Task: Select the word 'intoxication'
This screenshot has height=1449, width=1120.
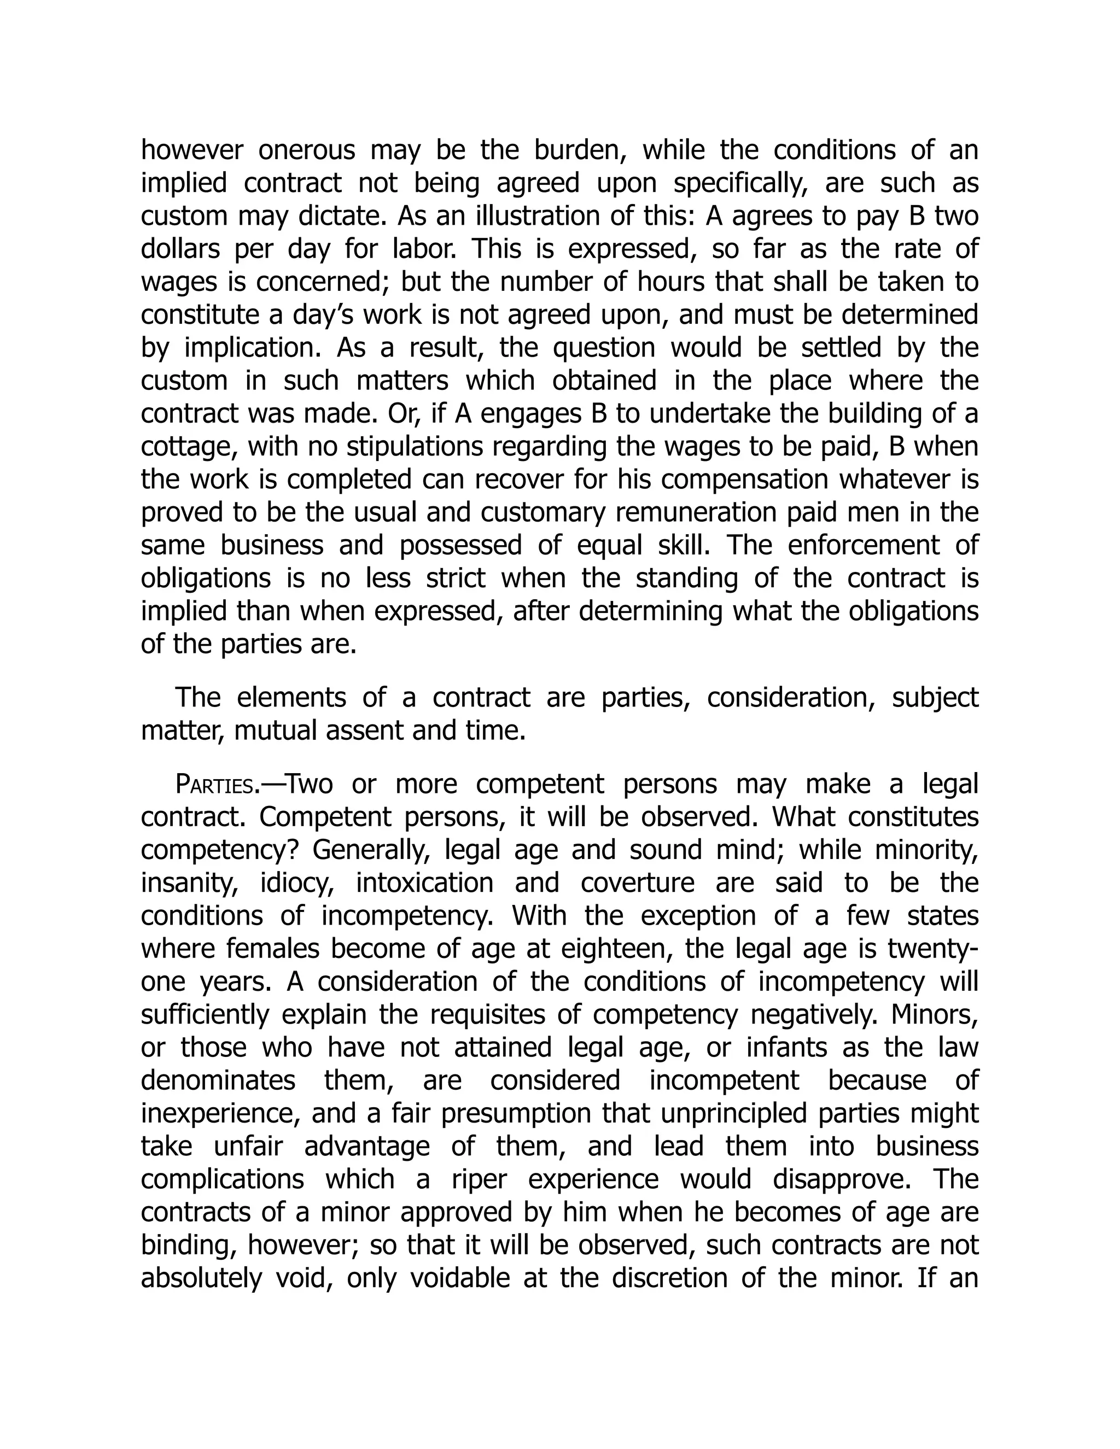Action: (x=424, y=884)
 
